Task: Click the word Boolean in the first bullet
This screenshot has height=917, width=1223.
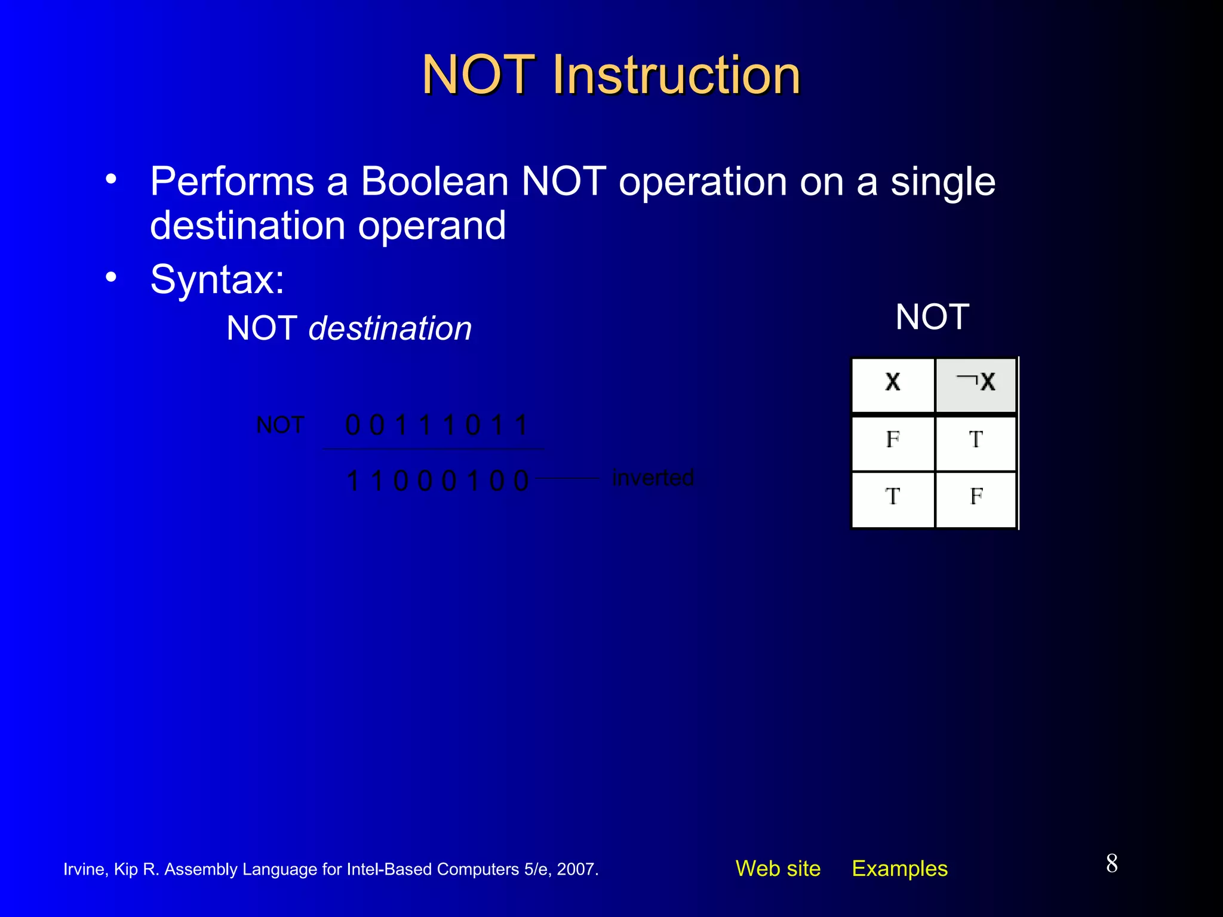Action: coord(434,181)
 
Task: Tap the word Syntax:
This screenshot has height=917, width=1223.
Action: coord(217,279)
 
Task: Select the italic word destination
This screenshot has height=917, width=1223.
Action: coord(390,329)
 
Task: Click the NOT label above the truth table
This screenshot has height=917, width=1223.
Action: coord(932,317)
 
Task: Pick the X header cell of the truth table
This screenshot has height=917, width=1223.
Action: coord(893,383)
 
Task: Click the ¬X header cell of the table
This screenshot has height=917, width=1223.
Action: coord(976,383)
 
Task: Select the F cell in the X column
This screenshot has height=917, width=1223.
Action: coord(893,440)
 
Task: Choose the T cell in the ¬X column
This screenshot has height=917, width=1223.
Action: coord(976,440)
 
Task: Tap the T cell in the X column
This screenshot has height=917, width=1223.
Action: coord(893,497)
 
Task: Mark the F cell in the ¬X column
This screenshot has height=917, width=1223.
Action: coord(976,497)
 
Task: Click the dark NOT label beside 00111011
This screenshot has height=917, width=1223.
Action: coord(280,426)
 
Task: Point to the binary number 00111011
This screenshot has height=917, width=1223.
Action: coord(437,426)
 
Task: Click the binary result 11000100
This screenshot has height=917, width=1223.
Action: coord(437,481)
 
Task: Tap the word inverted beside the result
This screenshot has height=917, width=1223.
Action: coord(653,478)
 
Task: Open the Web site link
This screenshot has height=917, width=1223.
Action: coord(778,869)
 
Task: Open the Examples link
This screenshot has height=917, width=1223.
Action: coord(899,869)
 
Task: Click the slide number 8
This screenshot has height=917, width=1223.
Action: coord(1111,864)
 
